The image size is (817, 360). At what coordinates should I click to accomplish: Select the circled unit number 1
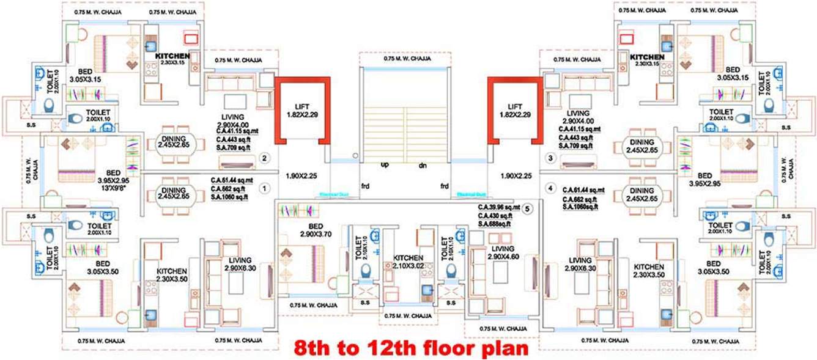pyautogui.click(x=264, y=189)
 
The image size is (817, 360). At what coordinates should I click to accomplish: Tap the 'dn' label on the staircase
pyautogui.click(x=422, y=166)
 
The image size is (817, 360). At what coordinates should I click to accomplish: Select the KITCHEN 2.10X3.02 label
pyautogui.click(x=408, y=262)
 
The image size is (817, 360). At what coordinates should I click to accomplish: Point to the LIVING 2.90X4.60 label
pyautogui.click(x=503, y=252)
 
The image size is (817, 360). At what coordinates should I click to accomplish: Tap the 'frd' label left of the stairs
pyautogui.click(x=365, y=185)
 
